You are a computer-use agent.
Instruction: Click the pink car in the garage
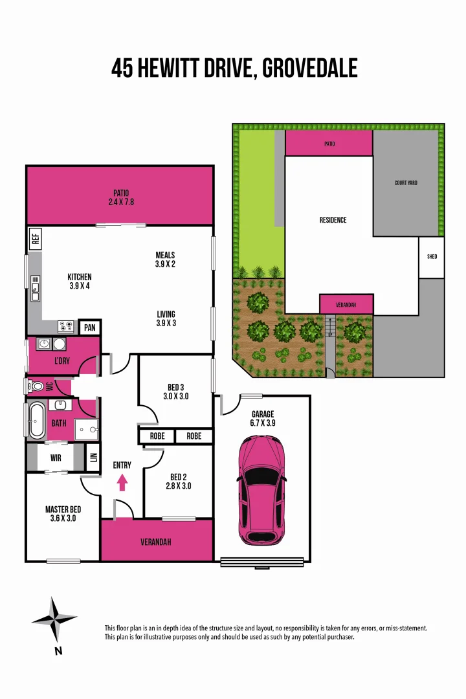click(x=261, y=489)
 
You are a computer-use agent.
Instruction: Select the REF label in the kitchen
click(x=35, y=238)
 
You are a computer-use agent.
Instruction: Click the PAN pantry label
click(x=89, y=328)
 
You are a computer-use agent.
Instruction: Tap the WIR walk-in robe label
click(x=56, y=458)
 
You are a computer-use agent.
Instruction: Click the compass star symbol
click(x=54, y=619)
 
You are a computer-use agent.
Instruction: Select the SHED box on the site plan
click(x=432, y=257)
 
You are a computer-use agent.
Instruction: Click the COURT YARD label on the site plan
click(x=406, y=183)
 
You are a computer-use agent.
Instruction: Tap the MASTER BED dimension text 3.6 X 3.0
click(x=63, y=518)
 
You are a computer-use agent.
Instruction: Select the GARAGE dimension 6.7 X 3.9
click(x=263, y=423)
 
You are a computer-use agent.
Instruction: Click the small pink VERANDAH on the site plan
click(x=346, y=304)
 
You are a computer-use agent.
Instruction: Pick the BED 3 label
click(x=175, y=388)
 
